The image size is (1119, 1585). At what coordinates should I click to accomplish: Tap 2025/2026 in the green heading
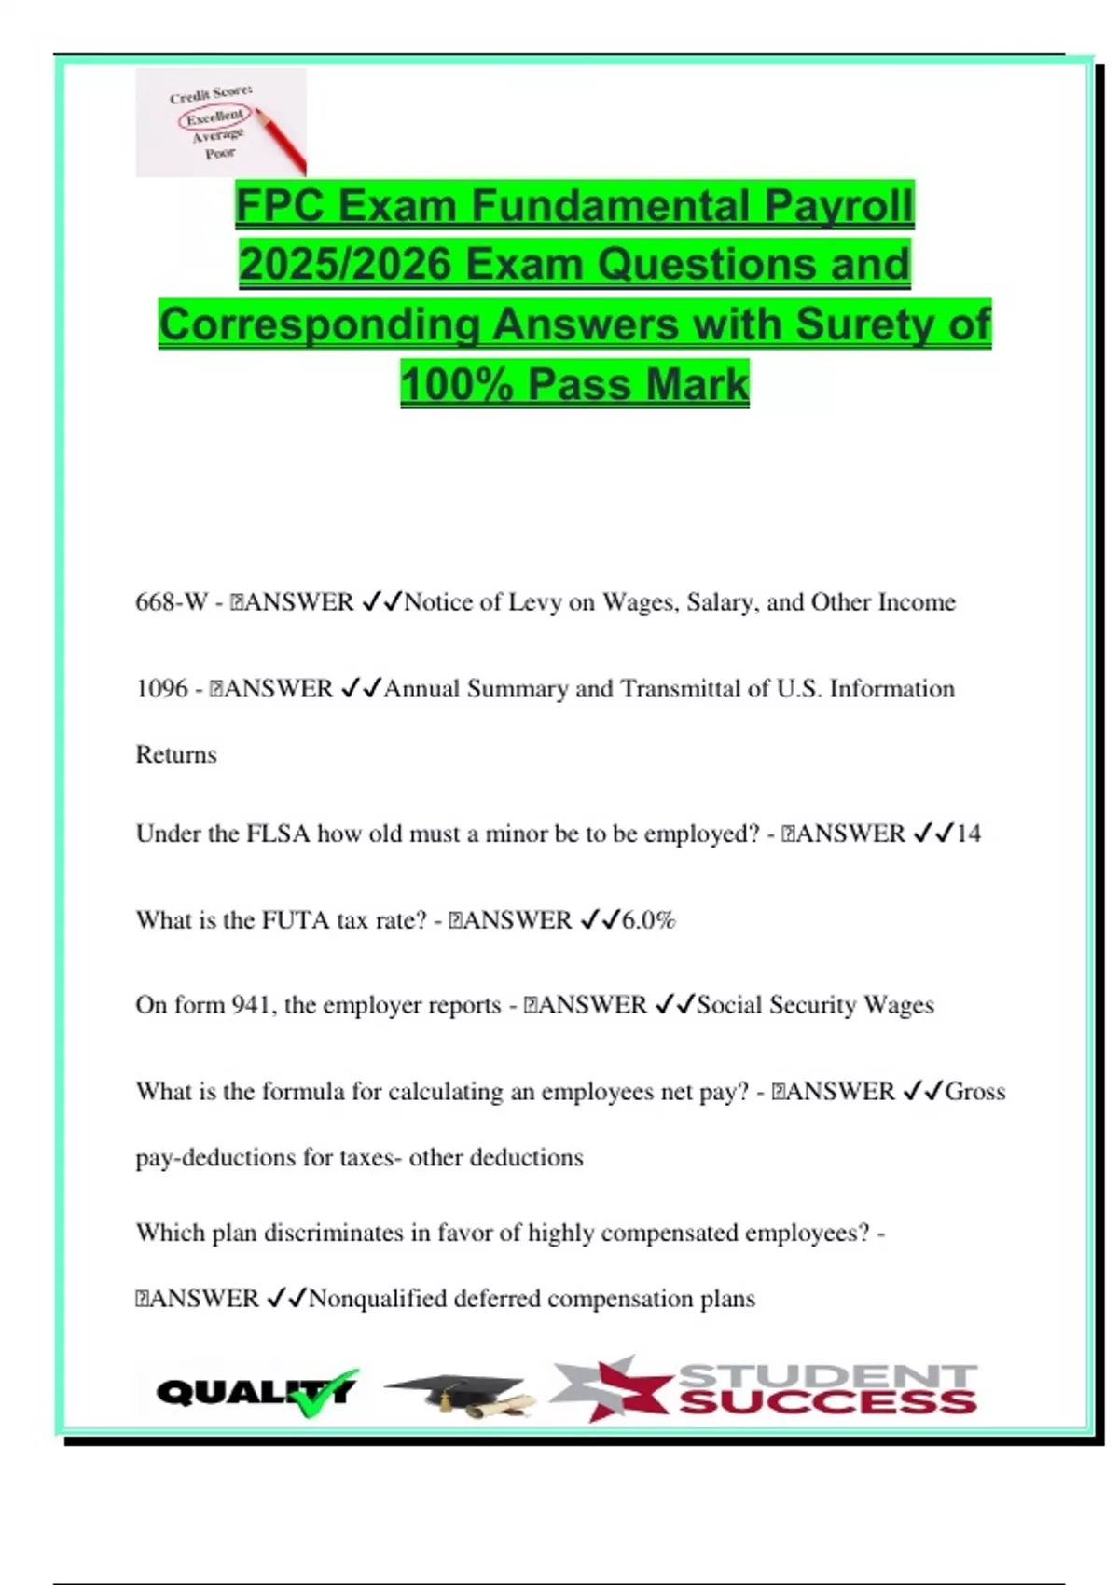coord(345,265)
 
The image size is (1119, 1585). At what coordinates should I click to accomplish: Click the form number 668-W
coord(172,602)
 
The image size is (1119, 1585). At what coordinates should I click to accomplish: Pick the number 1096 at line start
coord(161,689)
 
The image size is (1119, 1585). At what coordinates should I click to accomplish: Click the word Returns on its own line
coord(176,754)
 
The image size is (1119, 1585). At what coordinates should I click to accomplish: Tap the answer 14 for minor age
coord(968,834)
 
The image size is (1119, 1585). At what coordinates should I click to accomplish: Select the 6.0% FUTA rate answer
coord(648,920)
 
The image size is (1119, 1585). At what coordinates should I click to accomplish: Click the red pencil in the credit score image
coord(281,142)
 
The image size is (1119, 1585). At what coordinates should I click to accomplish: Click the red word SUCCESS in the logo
coord(828,1402)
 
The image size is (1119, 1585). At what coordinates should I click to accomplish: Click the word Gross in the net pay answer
coord(975,1092)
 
